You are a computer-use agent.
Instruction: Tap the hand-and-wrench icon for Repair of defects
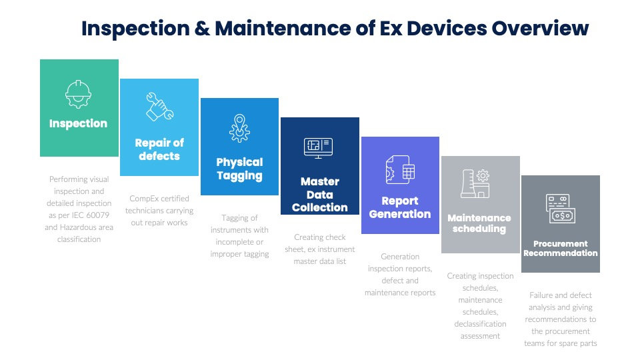[x=159, y=106]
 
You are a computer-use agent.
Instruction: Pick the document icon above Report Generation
[x=400, y=170]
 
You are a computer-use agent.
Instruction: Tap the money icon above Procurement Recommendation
[x=561, y=209]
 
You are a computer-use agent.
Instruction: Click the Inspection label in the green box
[x=78, y=123]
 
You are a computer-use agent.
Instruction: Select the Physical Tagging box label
[x=239, y=169]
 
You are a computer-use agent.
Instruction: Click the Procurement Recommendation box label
[x=560, y=249]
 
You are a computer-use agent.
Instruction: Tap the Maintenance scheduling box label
[x=479, y=223]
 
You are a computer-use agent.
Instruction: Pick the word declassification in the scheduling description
[x=481, y=324]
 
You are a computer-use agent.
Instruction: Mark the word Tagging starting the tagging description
[x=235, y=218]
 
